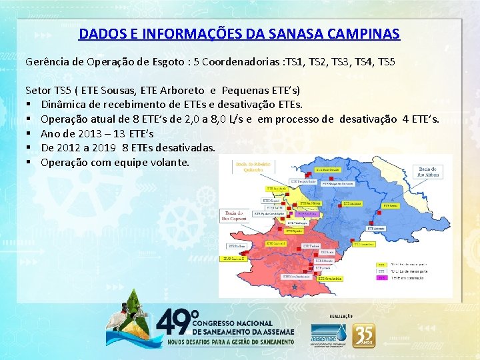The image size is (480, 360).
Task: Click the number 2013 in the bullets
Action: tap(97, 134)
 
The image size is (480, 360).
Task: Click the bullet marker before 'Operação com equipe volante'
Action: tap(29, 163)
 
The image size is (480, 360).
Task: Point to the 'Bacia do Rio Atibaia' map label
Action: tap(429, 172)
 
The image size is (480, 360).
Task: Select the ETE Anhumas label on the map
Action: tap(354, 203)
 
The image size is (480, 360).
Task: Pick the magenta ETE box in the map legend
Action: tap(382, 279)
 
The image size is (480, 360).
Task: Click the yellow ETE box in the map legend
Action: tap(382, 264)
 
